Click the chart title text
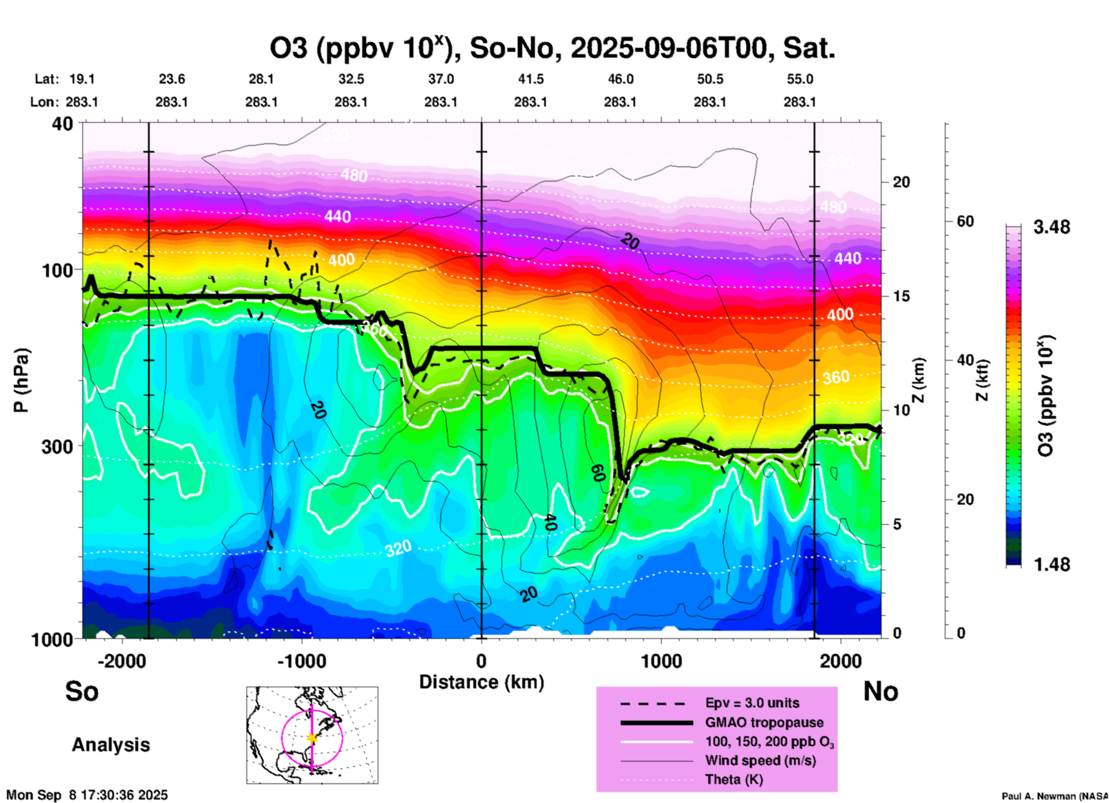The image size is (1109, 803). pos(552,49)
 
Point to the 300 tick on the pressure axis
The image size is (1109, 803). pos(58,446)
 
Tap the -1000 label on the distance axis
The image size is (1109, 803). pos(301,661)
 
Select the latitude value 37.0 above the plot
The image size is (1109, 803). pos(440,79)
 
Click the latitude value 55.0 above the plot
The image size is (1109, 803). pos(799,79)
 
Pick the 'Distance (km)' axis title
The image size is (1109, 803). pos(481,682)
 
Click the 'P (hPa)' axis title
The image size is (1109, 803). pos(21,380)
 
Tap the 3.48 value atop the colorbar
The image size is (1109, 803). pos(1051,227)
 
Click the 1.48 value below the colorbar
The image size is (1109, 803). pos(1051,565)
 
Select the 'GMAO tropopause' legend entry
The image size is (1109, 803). pos(764,722)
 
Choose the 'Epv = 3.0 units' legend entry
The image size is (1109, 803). pos(752,703)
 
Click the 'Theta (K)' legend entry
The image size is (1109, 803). pos(734,779)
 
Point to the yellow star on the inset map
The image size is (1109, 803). pos(312,738)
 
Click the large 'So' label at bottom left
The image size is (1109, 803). pos(82,691)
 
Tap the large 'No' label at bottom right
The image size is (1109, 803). pos(880,691)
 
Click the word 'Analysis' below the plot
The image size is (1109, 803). pos(111,745)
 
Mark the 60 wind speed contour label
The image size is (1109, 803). pos(598,473)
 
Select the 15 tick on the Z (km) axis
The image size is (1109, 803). pos(901,296)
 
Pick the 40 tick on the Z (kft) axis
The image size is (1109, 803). pos(965,361)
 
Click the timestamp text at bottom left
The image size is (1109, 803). pos(87,795)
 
